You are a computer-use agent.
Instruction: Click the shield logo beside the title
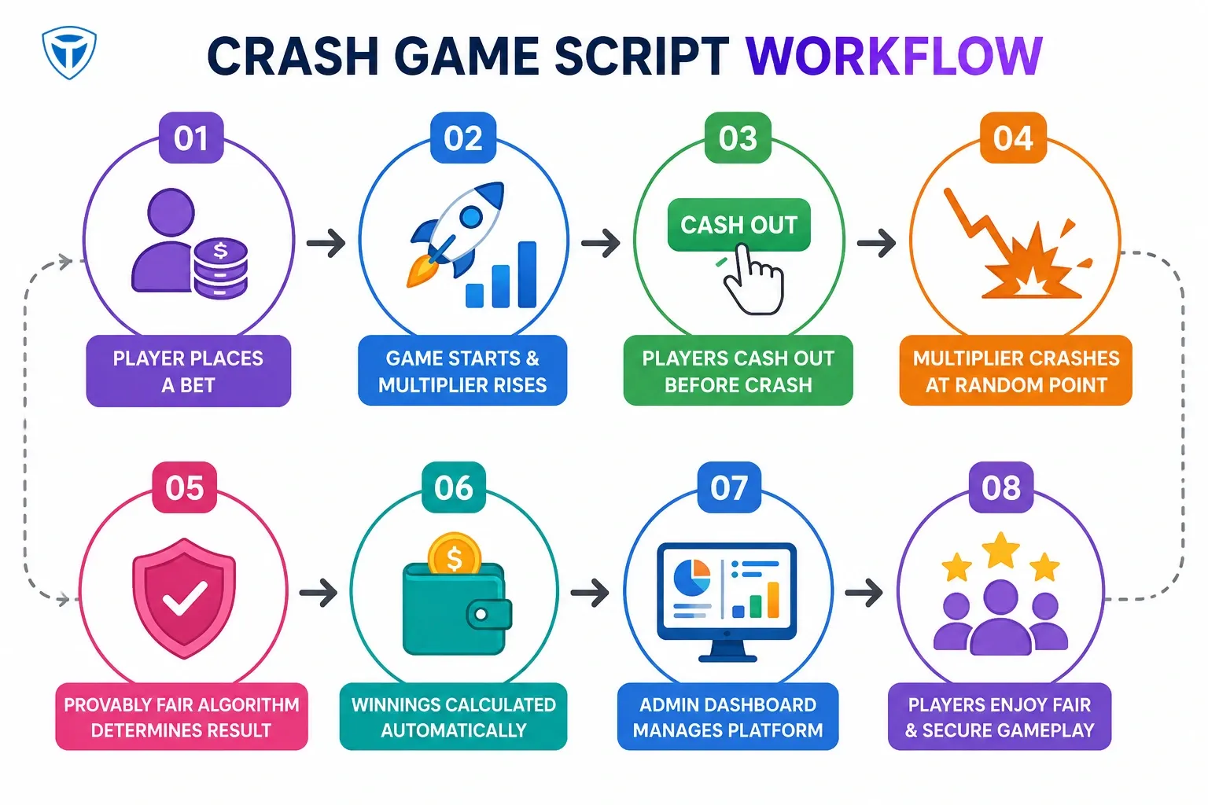(x=69, y=53)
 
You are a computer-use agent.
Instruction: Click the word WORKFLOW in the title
(x=893, y=56)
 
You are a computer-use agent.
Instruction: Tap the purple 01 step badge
(x=191, y=138)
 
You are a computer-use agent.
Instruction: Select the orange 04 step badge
(x=1013, y=138)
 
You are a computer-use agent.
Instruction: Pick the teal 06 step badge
(x=454, y=487)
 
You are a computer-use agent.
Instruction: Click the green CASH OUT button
(x=738, y=225)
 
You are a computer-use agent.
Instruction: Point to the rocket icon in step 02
(x=455, y=233)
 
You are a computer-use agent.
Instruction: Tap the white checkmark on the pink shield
(x=185, y=597)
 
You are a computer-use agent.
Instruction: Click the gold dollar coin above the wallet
(x=454, y=554)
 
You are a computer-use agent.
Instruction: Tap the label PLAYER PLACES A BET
(x=188, y=371)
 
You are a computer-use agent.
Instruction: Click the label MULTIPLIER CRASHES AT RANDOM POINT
(x=1015, y=371)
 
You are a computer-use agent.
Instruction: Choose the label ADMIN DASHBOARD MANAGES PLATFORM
(x=728, y=717)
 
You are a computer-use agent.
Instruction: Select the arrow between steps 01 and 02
(x=326, y=243)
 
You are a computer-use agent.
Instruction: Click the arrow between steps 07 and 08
(x=864, y=593)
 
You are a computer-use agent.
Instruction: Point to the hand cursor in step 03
(x=753, y=279)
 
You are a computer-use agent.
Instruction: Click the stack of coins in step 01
(x=220, y=268)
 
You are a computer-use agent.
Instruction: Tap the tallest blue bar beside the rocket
(x=527, y=274)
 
